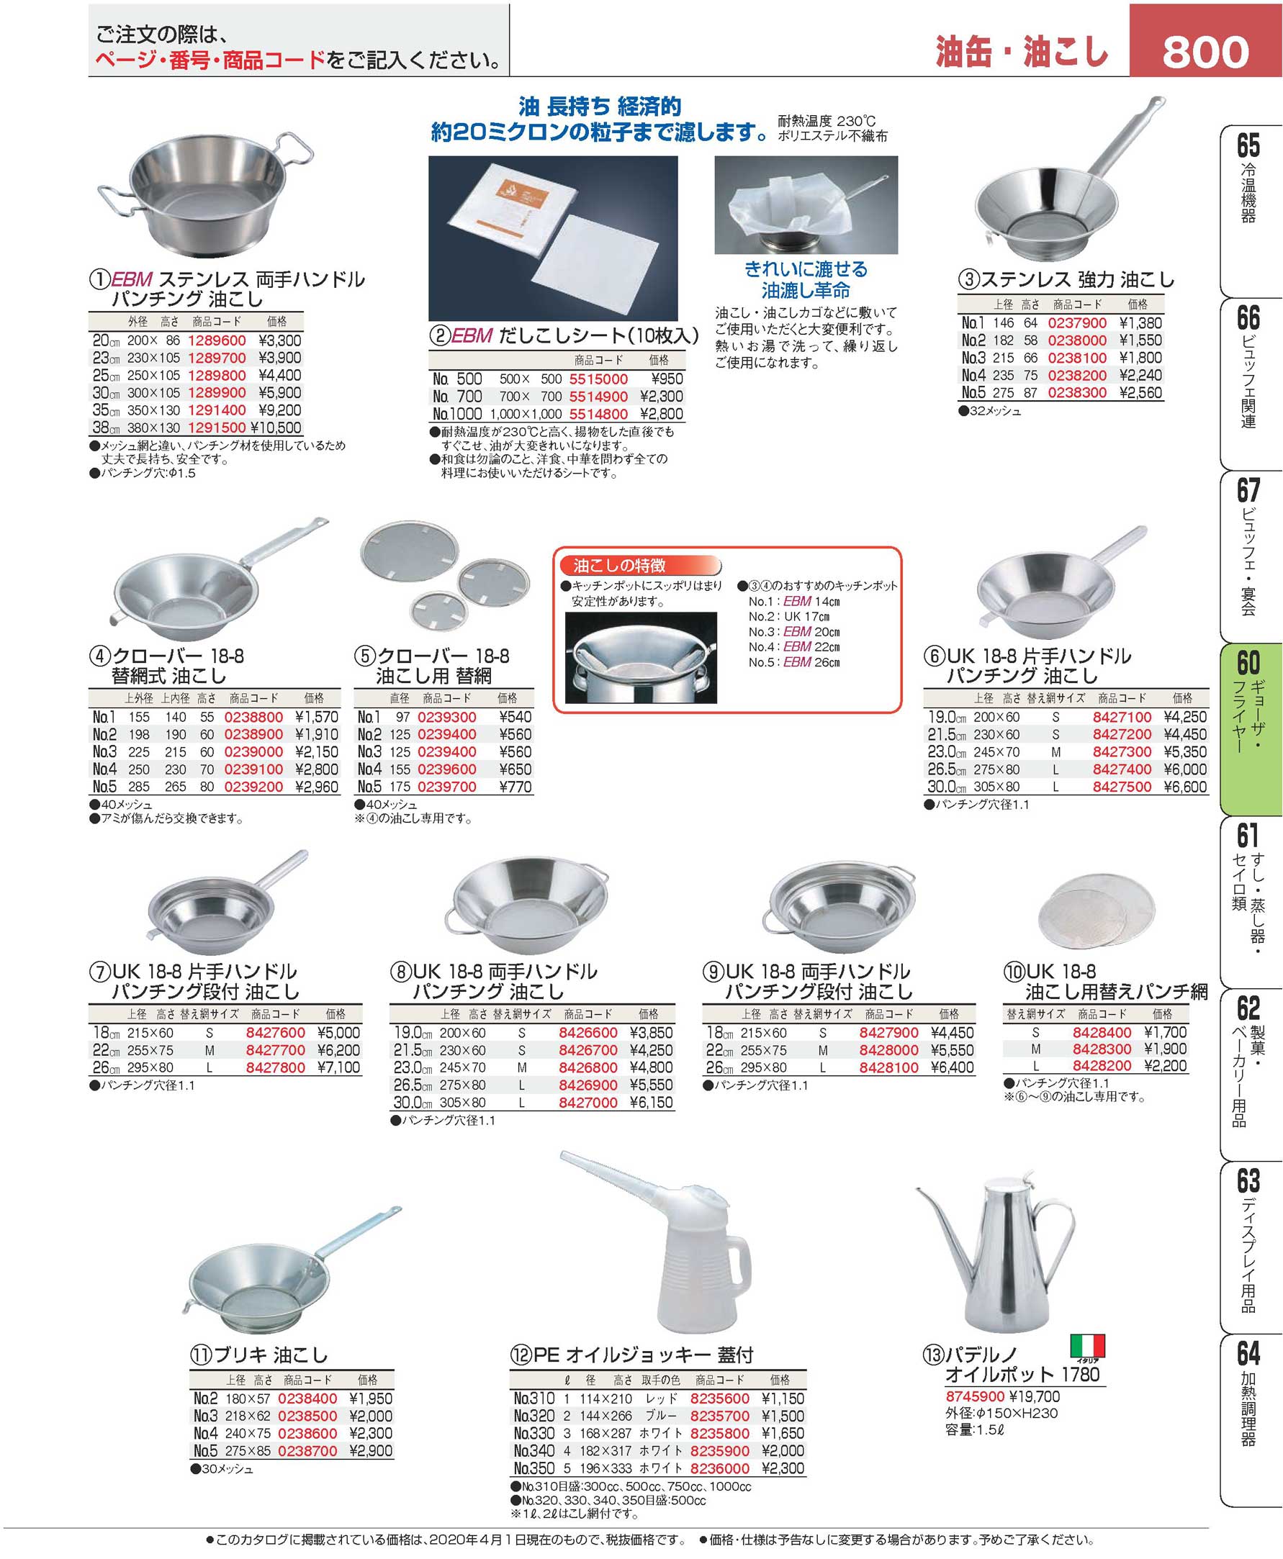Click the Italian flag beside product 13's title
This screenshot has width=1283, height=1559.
1087,1345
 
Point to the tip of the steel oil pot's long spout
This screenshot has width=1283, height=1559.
917,1190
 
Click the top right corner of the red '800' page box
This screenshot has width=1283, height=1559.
1282,4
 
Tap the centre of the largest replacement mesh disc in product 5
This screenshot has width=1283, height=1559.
409,554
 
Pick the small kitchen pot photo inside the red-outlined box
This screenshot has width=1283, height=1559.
641,658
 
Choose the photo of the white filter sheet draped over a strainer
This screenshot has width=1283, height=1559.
806,204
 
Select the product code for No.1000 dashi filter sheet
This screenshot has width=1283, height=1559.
598,415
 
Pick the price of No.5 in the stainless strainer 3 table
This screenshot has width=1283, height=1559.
1140,393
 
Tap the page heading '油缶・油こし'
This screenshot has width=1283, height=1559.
1022,52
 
